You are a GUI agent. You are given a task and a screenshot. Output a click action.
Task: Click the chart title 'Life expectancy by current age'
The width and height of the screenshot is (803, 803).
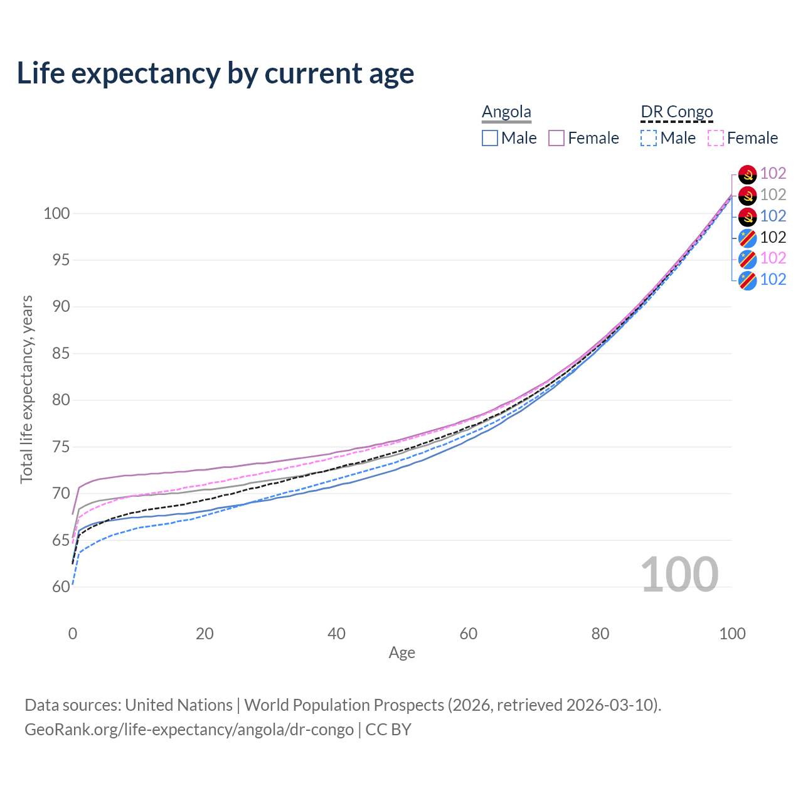click(x=215, y=73)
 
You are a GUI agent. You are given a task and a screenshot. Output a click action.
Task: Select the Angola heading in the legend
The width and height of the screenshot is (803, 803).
click(x=506, y=112)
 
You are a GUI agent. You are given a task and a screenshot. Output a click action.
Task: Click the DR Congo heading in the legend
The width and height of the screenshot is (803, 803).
click(x=677, y=112)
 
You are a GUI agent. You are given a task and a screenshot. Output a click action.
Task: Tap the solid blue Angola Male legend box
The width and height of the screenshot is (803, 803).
click(x=490, y=138)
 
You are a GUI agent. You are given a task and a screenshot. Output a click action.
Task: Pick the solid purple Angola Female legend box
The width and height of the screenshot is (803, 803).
click(x=556, y=138)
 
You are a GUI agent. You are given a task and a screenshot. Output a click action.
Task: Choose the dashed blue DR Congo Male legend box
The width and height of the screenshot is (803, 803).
click(x=649, y=138)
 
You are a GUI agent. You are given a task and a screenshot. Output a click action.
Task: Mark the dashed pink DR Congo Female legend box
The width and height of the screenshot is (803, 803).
click(x=716, y=138)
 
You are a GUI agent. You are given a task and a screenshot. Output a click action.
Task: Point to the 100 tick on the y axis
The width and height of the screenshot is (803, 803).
click(x=56, y=213)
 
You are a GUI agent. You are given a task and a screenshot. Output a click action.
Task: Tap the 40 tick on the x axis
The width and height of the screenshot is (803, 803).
click(x=336, y=634)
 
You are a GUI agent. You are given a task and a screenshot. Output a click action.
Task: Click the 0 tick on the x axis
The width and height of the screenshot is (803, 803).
click(x=73, y=634)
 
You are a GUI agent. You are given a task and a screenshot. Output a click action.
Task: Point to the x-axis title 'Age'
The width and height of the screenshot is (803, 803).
click(x=401, y=653)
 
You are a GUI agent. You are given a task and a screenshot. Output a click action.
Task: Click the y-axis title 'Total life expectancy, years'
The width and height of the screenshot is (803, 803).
click(x=26, y=390)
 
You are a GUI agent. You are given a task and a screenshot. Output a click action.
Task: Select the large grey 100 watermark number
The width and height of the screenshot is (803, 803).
click(x=679, y=575)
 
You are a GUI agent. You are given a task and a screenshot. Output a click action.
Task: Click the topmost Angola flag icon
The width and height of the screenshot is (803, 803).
click(x=747, y=174)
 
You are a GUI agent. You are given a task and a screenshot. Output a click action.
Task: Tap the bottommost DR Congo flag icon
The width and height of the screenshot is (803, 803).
click(x=747, y=280)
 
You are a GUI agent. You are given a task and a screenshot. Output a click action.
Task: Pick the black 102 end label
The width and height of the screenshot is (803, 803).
click(x=773, y=237)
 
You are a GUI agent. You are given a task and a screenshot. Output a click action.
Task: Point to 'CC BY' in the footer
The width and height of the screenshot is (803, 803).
click(x=388, y=730)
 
